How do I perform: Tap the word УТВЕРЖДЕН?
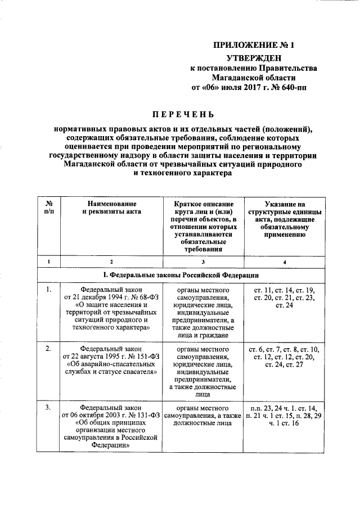[x=253, y=58]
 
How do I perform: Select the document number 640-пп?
[x=293, y=88]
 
